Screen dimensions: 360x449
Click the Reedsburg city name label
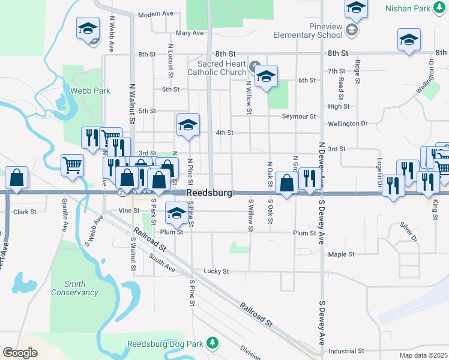coord(208,193)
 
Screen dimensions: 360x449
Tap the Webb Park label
coord(90,91)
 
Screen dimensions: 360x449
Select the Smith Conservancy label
coord(75,288)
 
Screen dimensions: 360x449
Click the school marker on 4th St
coord(188,125)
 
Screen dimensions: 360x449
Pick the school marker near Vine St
coord(176,213)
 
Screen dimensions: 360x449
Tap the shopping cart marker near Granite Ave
coord(72,164)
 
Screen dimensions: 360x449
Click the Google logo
coord(20,353)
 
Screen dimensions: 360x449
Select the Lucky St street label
coord(216,271)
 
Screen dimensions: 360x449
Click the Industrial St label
coord(346,350)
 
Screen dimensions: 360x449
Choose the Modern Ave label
coord(155,14)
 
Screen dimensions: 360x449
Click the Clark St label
coord(25,212)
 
